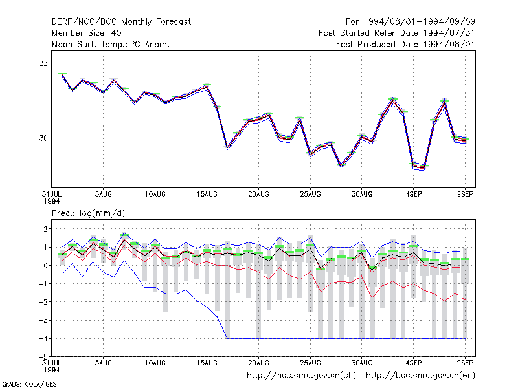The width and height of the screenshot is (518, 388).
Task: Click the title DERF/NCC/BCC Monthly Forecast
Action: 121,22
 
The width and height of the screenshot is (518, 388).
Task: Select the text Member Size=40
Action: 87,33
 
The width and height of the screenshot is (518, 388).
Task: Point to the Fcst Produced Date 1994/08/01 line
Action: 405,44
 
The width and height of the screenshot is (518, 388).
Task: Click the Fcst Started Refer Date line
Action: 396,33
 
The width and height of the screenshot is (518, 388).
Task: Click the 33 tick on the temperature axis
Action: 43,63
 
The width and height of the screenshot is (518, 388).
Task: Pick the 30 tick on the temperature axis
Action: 43,138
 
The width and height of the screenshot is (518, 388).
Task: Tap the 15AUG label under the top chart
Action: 207,195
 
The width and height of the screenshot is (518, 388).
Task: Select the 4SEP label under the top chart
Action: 414,195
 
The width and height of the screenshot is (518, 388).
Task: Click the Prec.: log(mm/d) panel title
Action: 88,213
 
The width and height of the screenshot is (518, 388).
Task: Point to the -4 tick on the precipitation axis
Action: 43,338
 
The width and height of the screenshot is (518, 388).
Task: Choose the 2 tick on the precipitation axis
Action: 45,229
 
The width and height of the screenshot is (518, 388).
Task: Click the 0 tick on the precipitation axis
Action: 45,265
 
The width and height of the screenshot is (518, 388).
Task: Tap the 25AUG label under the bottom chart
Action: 310,363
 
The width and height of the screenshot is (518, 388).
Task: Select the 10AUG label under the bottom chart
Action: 155,363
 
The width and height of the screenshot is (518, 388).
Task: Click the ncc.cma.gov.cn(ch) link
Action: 301,376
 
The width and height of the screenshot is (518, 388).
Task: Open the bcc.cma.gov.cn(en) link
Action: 420,376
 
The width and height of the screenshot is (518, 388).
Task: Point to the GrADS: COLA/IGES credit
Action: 29,384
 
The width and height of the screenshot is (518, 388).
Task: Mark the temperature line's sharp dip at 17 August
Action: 227,147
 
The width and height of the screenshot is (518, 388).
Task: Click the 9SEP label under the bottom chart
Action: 465,363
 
